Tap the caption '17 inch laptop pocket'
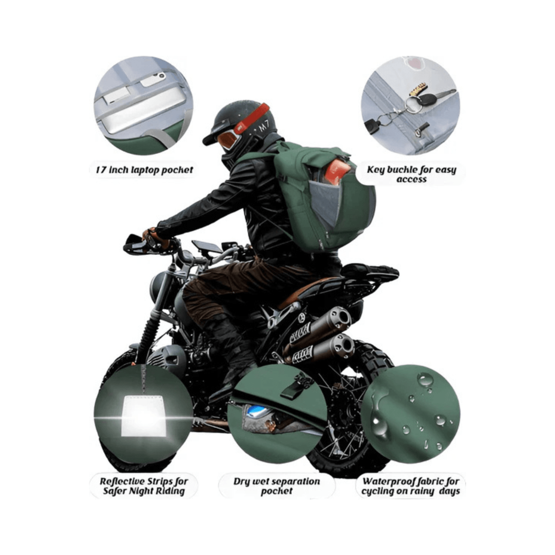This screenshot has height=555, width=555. (144, 170)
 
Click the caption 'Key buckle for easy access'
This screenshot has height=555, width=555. (411, 174)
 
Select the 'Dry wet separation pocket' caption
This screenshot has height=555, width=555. (277, 486)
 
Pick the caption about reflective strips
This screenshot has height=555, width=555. (144, 486)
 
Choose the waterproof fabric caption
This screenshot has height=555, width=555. (411, 486)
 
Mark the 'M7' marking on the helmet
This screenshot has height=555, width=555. (263, 126)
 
